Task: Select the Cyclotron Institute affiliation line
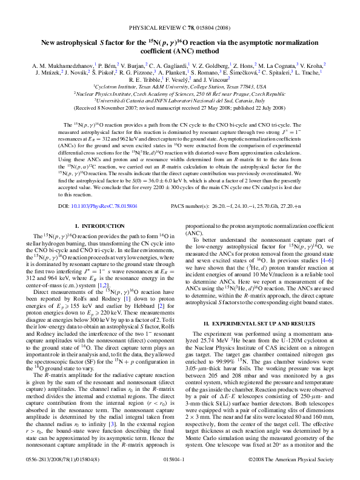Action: click(x=180, y=87)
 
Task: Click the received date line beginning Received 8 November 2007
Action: click(x=180, y=108)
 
